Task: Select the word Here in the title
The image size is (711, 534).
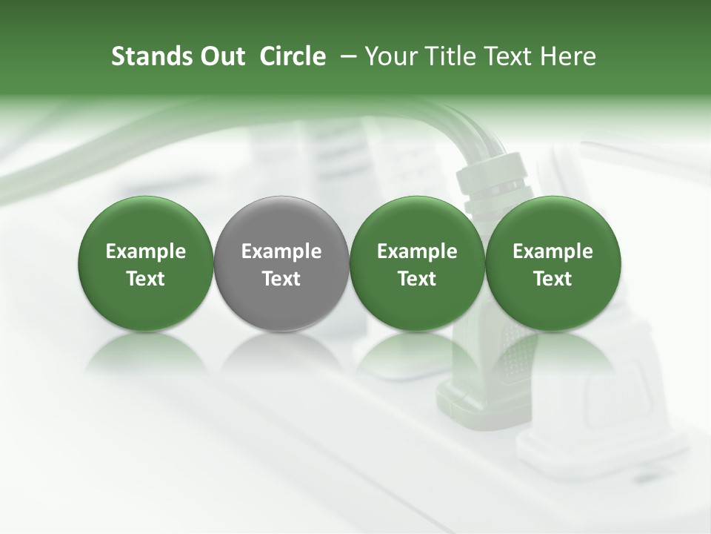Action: click(x=567, y=57)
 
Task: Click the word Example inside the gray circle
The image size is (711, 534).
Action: click(x=281, y=251)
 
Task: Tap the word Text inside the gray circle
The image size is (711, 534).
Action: click(x=281, y=279)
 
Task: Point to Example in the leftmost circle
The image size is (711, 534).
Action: click(x=146, y=251)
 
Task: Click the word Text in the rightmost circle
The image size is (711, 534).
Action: click(x=553, y=279)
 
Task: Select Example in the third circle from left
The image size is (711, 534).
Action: click(x=417, y=251)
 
